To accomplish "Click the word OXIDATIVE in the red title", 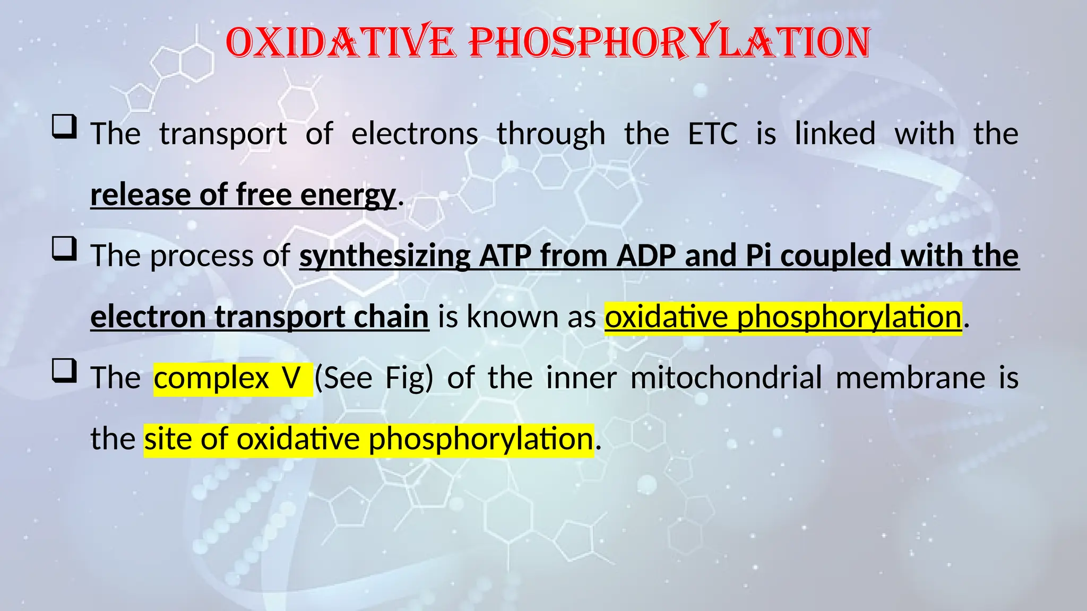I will [340, 42].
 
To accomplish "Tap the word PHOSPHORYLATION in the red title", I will [670, 42].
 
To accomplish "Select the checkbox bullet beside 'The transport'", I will [64, 128].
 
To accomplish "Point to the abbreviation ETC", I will [713, 134].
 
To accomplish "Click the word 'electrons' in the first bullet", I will [415, 134].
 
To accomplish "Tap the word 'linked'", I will [835, 134].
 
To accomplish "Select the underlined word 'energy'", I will [348, 195].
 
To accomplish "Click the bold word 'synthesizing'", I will [385, 256].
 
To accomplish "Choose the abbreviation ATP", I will [505, 256].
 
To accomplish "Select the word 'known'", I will [512, 317].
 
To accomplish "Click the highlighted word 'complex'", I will [211, 378].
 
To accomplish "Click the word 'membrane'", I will [910, 378].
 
